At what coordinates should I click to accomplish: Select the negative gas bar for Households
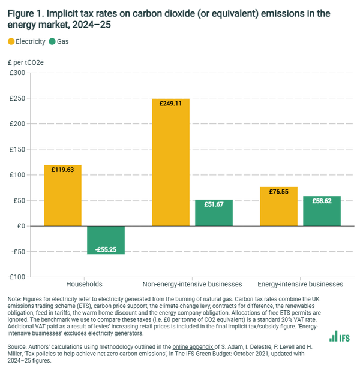[x=106, y=240]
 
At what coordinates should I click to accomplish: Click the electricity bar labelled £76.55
[x=278, y=206]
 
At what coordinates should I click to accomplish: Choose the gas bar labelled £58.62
[x=322, y=211]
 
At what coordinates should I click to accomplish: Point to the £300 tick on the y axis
[x=16, y=73]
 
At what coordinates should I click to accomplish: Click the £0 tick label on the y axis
[x=20, y=226]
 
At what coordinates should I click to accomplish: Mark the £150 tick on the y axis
[x=16, y=150]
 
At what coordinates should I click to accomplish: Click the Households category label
[x=84, y=283]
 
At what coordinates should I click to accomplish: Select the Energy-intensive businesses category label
[x=300, y=283]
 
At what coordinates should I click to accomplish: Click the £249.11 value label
[x=170, y=104]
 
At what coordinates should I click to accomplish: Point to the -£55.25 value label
[x=106, y=249]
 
